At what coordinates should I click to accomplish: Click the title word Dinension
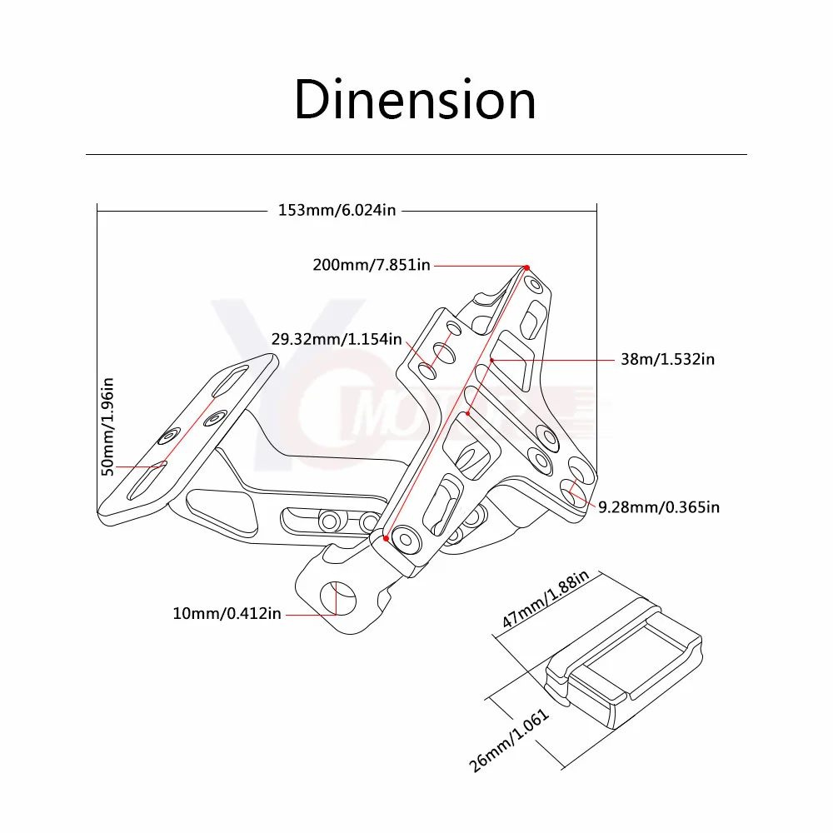point(415,100)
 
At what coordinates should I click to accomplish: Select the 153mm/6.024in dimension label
point(337,211)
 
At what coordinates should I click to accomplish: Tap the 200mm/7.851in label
point(372,265)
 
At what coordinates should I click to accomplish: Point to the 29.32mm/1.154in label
point(337,339)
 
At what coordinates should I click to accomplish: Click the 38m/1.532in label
point(668,359)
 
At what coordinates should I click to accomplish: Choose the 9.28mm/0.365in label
point(659,507)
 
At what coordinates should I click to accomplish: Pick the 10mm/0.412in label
point(227,614)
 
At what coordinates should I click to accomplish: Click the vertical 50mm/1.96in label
point(107,426)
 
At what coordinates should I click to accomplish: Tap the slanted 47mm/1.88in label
point(545,599)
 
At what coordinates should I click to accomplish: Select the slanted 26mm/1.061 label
point(508,741)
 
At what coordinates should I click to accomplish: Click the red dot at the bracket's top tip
point(527,267)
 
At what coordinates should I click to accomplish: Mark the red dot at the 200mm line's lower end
point(387,538)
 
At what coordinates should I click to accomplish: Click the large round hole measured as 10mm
point(338,598)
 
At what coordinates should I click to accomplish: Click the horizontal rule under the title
point(416,155)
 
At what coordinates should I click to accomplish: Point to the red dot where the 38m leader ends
point(492,360)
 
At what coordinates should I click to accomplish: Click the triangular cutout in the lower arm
point(223,510)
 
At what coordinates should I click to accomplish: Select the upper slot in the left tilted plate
point(230,381)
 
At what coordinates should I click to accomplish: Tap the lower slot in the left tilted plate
point(147,481)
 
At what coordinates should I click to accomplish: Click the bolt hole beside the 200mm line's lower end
point(406,539)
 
